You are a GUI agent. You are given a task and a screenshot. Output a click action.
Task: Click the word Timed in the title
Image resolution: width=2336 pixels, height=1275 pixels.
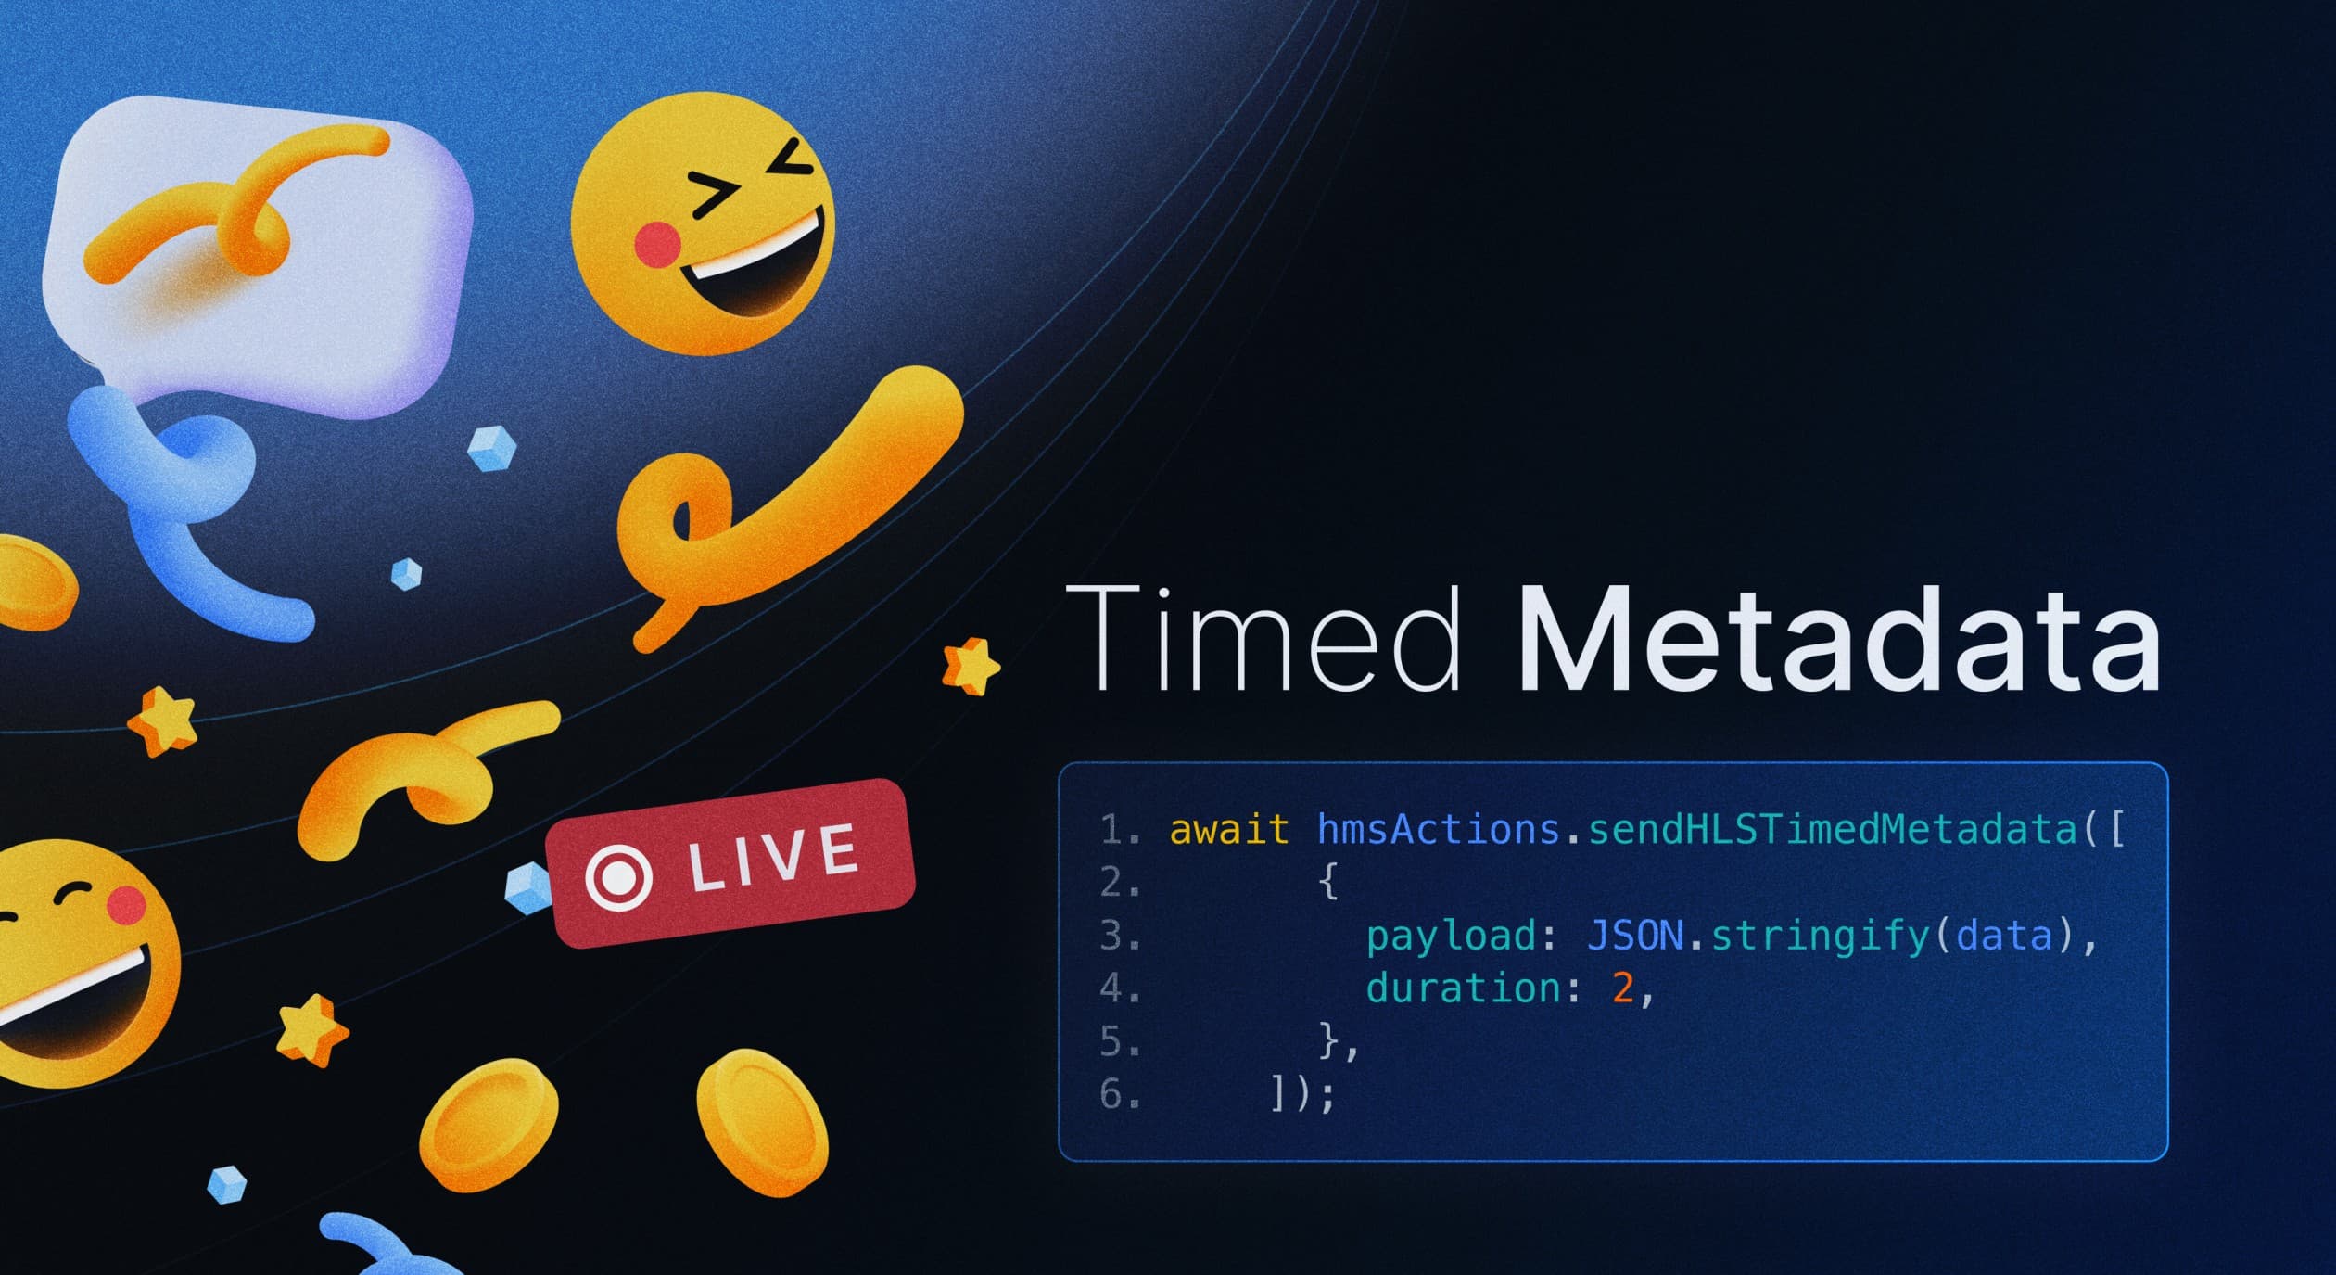1263,638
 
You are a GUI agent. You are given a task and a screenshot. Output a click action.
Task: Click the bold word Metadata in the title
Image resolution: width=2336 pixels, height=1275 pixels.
1839,638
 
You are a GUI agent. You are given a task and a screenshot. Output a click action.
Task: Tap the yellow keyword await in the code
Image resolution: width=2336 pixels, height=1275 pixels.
1228,829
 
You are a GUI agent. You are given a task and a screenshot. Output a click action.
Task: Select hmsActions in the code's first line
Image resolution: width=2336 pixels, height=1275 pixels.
1438,828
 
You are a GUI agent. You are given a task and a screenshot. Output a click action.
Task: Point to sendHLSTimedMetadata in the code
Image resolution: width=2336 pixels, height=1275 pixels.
1832,828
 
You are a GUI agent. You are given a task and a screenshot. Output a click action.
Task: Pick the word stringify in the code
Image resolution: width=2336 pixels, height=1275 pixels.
1819,937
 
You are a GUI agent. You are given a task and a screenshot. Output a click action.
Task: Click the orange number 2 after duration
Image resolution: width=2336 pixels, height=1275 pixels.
1622,988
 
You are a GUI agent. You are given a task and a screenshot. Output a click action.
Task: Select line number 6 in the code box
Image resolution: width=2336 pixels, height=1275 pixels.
1112,1095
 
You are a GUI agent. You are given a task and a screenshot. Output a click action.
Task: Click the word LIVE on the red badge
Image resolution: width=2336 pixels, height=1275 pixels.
773,858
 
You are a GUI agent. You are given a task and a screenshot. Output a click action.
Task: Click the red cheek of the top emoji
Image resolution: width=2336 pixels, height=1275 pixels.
658,245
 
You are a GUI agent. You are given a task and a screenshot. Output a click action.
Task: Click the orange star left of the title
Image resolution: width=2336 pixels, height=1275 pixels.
971,666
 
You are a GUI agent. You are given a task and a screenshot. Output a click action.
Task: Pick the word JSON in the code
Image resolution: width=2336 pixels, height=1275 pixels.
1635,936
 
